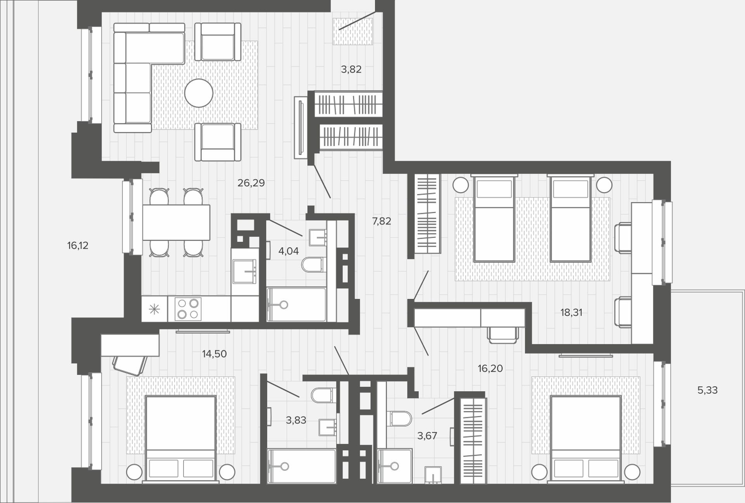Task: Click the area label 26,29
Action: click(251, 183)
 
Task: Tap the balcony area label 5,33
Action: click(707, 390)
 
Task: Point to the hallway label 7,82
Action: click(381, 221)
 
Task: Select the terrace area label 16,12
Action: click(78, 245)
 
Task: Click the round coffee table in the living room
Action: click(199, 93)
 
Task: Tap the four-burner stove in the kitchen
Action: click(188, 309)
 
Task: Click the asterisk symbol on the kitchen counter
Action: click(154, 309)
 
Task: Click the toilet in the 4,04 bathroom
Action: click(313, 265)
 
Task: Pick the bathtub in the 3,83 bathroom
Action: click(301, 466)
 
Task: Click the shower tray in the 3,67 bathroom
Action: click(395, 466)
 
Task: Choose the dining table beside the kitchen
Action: click(176, 222)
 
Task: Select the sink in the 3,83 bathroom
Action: click(327, 427)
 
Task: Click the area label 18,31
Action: click(571, 312)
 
